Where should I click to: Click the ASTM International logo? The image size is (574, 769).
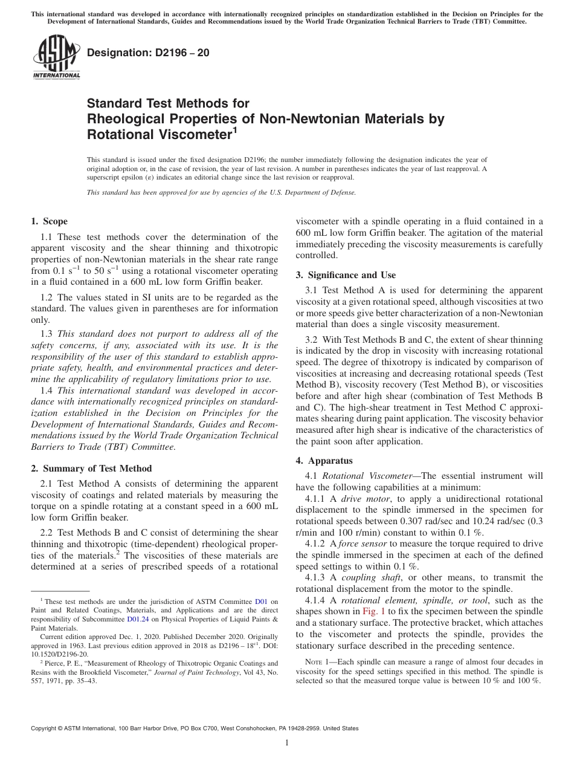click(56, 57)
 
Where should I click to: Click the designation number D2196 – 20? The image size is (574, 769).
click(148, 53)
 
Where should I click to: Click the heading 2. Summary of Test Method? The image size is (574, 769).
click(91, 469)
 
